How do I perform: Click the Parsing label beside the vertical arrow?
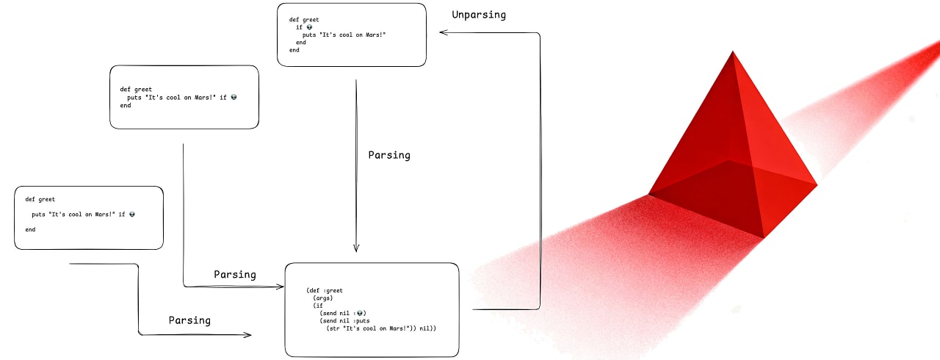click(x=389, y=155)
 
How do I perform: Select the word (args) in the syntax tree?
click(x=323, y=299)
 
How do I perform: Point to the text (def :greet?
click(x=325, y=290)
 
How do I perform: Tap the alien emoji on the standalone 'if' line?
click(x=310, y=27)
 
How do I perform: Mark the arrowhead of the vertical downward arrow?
click(x=356, y=248)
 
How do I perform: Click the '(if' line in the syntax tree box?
click(x=318, y=306)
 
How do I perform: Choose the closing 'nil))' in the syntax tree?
click(x=427, y=328)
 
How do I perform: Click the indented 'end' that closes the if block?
click(x=301, y=43)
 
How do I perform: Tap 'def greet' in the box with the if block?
click(x=304, y=20)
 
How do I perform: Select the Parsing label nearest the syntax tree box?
click(x=235, y=274)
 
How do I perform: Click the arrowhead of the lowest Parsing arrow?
click(x=247, y=335)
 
